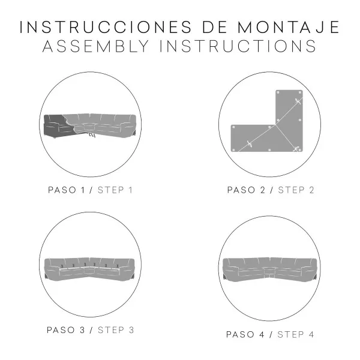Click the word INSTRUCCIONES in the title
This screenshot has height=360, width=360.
[x=106, y=27]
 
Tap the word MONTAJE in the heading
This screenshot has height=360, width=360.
[x=289, y=27]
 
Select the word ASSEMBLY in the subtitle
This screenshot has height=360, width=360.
[x=96, y=46]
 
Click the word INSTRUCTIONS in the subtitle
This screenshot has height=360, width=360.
[x=238, y=46]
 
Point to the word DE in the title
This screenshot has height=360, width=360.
[x=215, y=27]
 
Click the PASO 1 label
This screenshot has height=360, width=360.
[x=67, y=190]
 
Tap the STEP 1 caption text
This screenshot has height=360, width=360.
[x=115, y=190]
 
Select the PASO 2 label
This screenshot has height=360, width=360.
[x=246, y=190]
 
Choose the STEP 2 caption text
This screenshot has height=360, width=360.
[x=296, y=190]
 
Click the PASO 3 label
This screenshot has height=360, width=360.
[x=66, y=330]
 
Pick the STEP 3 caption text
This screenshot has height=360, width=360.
[x=116, y=330]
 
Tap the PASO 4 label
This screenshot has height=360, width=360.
[x=245, y=335]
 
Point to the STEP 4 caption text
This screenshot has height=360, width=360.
[x=296, y=335]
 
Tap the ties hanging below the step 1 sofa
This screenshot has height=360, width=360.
[x=92, y=135]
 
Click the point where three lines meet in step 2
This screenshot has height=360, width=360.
[x=275, y=125]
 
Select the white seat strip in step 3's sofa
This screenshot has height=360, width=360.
[x=89, y=268]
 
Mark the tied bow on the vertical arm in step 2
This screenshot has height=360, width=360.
[x=298, y=101]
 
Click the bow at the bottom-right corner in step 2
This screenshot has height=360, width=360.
[x=296, y=149]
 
